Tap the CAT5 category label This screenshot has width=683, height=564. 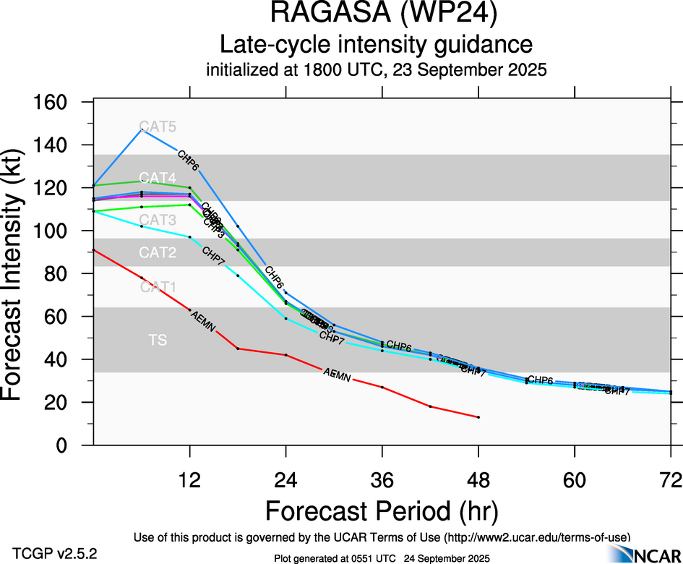pos(158,127)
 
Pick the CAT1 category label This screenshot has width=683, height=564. pos(158,288)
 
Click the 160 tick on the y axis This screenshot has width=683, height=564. pos(51,103)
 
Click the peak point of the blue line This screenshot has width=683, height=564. pos(142,129)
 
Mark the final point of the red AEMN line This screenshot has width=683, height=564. pos(478,417)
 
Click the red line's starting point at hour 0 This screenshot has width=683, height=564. pos(94,250)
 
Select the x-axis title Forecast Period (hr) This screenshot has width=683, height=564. pos(382,510)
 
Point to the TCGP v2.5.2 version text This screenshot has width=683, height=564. pos(55,554)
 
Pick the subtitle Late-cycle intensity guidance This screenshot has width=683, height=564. pos(377,44)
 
